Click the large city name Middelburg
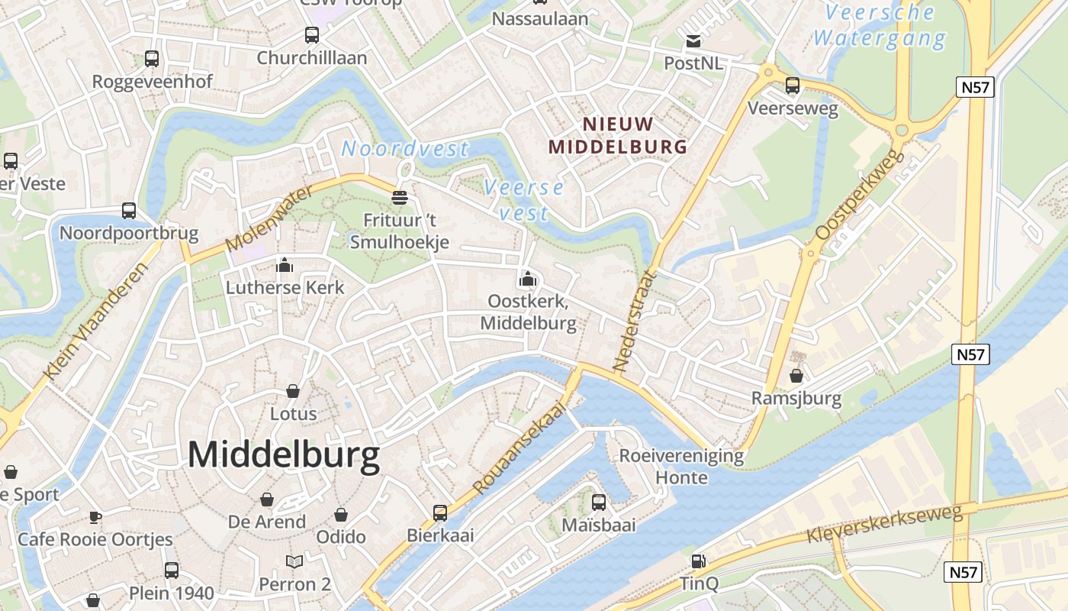[283, 455]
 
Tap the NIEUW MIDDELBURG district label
[619, 135]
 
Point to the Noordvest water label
[404, 148]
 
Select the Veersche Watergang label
[880, 25]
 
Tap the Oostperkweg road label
[860, 195]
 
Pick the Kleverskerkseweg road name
[885, 523]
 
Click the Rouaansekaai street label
[522, 448]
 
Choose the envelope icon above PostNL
[693, 41]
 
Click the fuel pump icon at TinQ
[698, 561]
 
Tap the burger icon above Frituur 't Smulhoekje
[399, 198]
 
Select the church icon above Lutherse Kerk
[285, 265]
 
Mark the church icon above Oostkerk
[527, 279]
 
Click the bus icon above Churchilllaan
[311, 35]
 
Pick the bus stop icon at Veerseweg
[793, 86]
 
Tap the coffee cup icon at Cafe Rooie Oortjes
[95, 517]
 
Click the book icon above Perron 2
[294, 561]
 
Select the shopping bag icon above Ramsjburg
[796, 376]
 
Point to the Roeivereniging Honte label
[681, 467]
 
